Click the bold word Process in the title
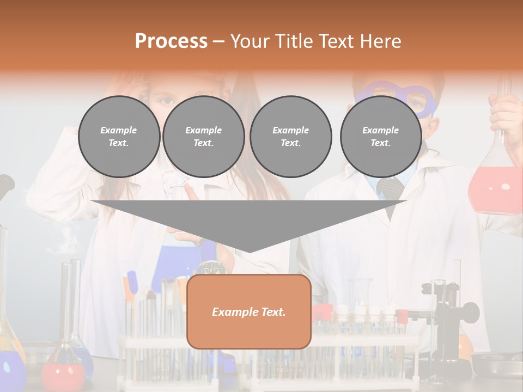[x=171, y=41]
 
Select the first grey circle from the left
[x=119, y=137]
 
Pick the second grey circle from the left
[x=204, y=137]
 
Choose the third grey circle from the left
[x=290, y=137]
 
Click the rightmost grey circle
[x=381, y=137]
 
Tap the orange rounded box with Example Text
[x=249, y=311]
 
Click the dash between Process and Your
[x=219, y=41]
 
